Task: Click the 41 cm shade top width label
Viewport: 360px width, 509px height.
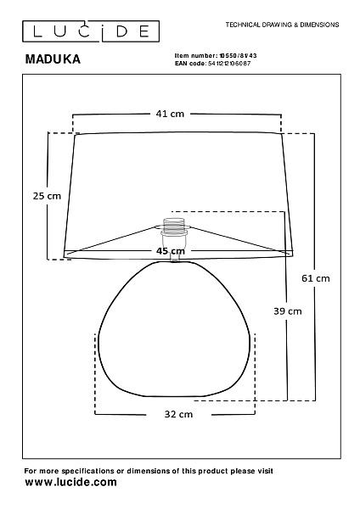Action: [x=170, y=114]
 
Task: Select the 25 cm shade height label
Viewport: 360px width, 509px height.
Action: [x=47, y=196]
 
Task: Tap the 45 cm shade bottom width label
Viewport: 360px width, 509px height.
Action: [x=171, y=251]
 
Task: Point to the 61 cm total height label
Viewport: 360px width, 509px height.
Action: [x=316, y=278]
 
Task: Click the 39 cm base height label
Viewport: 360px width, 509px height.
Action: [x=288, y=311]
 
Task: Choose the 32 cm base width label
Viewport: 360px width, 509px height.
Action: [x=178, y=414]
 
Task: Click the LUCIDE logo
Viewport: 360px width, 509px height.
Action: [x=91, y=31]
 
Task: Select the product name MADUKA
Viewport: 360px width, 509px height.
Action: [x=53, y=59]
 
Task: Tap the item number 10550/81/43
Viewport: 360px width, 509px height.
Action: [x=238, y=56]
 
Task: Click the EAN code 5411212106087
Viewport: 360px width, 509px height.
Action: [x=229, y=64]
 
